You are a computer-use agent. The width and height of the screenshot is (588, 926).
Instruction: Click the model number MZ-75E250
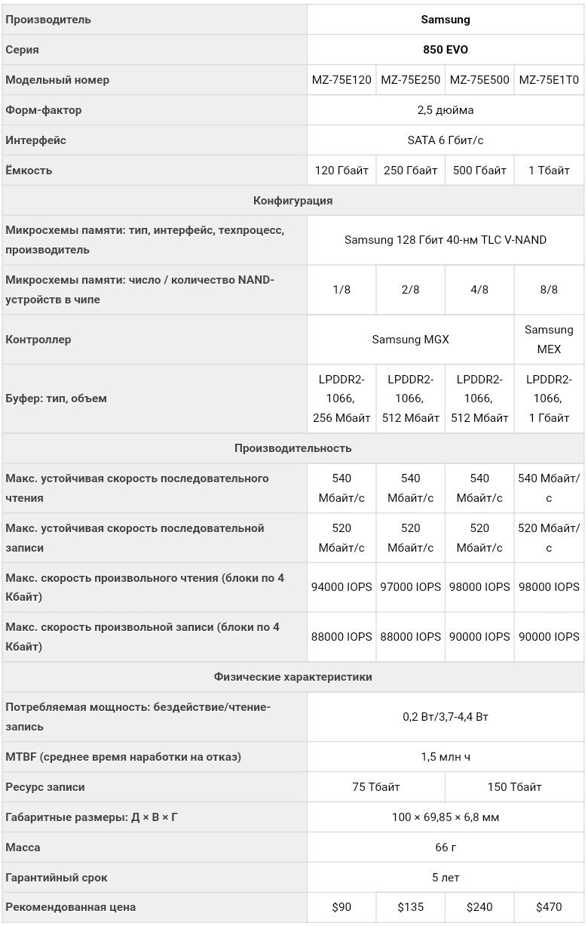coord(411,80)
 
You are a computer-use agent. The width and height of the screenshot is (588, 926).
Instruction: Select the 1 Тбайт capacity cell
coord(549,171)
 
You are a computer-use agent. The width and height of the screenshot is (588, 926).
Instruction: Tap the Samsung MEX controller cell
coord(549,340)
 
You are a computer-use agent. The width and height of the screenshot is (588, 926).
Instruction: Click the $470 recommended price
coord(549,907)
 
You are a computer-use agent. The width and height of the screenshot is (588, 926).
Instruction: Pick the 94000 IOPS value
coord(341,587)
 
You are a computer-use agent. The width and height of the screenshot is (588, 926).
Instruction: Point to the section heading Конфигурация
coord(292,201)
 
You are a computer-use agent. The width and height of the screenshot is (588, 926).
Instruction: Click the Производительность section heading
coord(292,448)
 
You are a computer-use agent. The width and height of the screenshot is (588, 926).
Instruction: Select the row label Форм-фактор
coord(44,110)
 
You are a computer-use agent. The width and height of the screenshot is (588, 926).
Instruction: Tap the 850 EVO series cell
coord(446,50)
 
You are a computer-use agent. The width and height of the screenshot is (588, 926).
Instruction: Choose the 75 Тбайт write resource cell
coord(376,787)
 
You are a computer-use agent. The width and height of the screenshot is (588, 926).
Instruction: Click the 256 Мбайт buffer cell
coord(341,398)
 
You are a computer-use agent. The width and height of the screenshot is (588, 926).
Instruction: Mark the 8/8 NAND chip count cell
coord(549,290)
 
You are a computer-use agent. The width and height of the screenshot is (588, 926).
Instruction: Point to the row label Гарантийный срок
coord(57,878)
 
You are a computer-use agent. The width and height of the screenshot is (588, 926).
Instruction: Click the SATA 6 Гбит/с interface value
coord(446,140)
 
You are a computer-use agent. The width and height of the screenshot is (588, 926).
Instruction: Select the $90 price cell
coord(341,907)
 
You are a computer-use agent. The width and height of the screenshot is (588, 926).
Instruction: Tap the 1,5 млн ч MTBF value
coord(446,757)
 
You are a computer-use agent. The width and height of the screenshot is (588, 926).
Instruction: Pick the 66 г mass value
coord(446,848)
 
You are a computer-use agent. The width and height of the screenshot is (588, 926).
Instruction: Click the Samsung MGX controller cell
coord(410,340)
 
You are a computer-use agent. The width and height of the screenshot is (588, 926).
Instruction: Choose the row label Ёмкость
coord(29,171)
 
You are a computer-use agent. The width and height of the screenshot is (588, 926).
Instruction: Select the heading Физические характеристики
coord(292,677)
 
